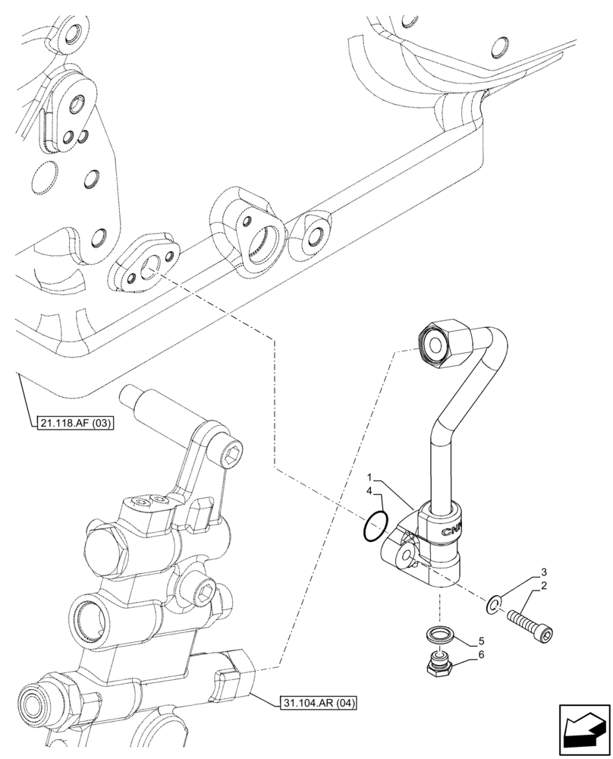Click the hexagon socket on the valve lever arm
point(232,456)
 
